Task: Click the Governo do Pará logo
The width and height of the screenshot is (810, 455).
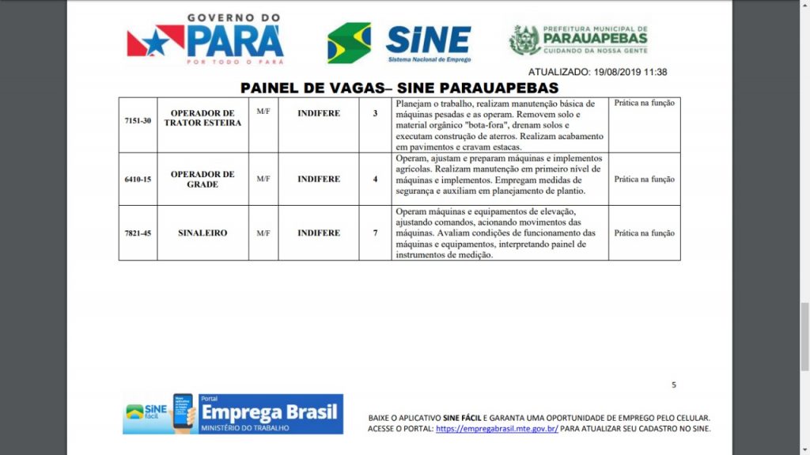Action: [205, 39]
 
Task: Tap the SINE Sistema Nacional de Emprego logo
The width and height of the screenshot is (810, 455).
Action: [399, 43]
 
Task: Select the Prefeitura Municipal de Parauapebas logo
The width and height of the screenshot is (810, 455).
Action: [579, 40]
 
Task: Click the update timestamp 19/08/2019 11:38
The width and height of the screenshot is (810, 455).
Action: [597, 72]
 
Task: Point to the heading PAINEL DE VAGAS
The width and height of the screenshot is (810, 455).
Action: [399, 88]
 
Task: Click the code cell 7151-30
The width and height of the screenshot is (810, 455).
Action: [138, 120]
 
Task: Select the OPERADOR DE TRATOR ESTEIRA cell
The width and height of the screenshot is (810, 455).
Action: [202, 118]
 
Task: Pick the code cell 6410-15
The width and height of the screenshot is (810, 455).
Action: [138, 179]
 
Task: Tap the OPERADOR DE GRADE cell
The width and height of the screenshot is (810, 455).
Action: [202, 179]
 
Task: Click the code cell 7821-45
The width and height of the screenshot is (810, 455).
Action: [138, 233]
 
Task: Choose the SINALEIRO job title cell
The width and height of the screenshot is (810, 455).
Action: [202, 233]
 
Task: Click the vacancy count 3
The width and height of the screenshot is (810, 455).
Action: [375, 113]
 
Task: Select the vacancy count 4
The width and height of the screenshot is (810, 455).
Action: [375, 179]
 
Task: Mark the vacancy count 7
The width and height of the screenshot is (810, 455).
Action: [375, 233]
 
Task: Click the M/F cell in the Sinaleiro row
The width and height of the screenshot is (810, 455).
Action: [263, 233]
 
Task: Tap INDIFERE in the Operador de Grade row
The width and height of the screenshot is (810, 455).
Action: [319, 179]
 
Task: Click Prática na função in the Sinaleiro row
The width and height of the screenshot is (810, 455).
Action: [644, 233]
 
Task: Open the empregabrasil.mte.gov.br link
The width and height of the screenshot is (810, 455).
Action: [497, 429]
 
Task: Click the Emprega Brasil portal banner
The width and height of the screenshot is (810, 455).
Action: [233, 414]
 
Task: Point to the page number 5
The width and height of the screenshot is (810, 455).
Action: [674, 385]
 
